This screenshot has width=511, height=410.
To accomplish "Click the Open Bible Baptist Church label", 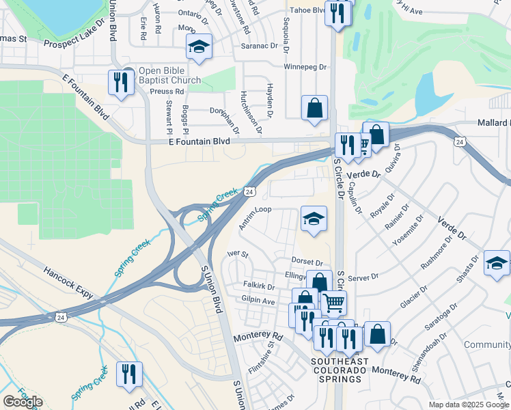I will pyautogui.click(x=170, y=75).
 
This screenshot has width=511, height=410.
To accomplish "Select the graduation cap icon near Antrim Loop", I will pyautogui.click(x=314, y=219).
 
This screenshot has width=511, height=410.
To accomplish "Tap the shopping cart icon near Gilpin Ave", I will pyautogui.click(x=333, y=302).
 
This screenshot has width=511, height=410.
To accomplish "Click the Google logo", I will pyautogui.click(x=23, y=402).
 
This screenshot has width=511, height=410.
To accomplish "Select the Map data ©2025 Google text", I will pyautogui.click(x=468, y=405).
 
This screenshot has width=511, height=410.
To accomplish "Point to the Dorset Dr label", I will pyautogui.click(x=307, y=262).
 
